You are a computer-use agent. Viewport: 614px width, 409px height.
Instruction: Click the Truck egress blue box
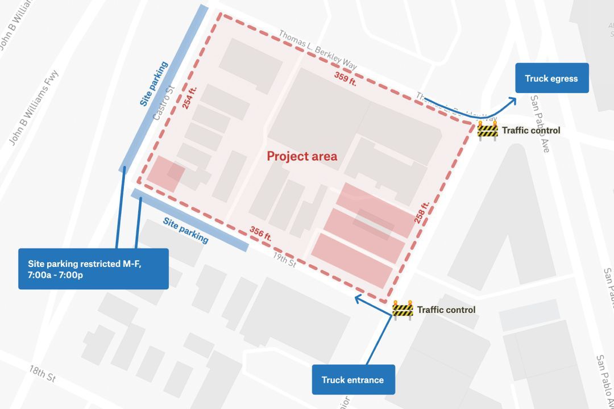pyautogui.click(x=551, y=78)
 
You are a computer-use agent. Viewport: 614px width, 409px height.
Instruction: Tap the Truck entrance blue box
pyautogui.click(x=353, y=379)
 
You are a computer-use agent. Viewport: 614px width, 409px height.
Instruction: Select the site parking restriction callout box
pyautogui.click(x=93, y=269)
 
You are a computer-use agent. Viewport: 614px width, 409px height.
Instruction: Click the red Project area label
pyautogui.click(x=302, y=156)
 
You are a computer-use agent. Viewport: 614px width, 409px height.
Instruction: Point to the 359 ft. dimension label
pyautogui.click(x=345, y=78)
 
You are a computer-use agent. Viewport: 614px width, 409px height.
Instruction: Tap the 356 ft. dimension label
pyautogui.click(x=260, y=233)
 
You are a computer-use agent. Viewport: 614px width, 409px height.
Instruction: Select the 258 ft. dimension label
pyautogui.click(x=422, y=212)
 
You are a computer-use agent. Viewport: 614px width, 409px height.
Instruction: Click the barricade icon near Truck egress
pyautogui.click(x=487, y=131)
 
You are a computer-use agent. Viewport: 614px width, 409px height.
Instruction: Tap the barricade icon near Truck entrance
pyautogui.click(x=403, y=310)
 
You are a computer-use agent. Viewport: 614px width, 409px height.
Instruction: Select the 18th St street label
pyautogui.click(x=42, y=373)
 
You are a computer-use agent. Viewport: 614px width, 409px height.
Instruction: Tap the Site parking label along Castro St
pyautogui.click(x=153, y=84)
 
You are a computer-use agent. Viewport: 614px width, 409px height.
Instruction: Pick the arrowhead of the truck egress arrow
pyautogui.click(x=513, y=100)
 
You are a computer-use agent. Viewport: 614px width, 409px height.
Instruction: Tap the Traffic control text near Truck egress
pyautogui.click(x=530, y=131)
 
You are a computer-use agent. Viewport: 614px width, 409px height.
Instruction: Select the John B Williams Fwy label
pyautogui.click(x=34, y=107)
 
